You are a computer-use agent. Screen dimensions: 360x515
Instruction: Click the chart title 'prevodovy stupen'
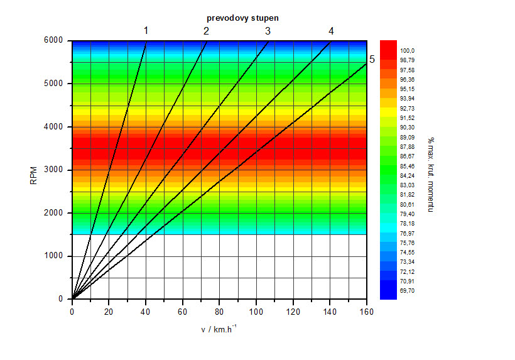pos(242,18)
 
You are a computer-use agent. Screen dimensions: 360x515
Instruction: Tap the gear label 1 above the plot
pos(146,30)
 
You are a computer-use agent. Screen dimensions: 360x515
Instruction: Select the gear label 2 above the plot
pos(206,31)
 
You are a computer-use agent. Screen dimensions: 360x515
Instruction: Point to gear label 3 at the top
pos(268,31)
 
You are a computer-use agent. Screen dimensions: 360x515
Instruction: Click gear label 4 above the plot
pos(331,31)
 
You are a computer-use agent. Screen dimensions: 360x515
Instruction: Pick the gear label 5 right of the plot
pos(372,60)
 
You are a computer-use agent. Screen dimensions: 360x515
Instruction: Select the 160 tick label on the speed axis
pos(366,311)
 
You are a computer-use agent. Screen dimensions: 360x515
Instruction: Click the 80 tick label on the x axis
pos(219,311)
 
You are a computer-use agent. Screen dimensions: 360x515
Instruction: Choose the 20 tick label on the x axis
pos(109,311)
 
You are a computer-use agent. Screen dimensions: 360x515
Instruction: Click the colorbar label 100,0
pos(408,51)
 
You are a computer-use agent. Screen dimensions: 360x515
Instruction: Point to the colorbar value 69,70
pos(408,291)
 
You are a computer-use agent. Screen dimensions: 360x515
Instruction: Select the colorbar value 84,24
pos(408,176)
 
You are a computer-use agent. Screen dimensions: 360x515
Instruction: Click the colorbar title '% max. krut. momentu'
pos(431,174)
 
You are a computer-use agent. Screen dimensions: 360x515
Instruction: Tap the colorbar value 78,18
pos(408,224)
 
